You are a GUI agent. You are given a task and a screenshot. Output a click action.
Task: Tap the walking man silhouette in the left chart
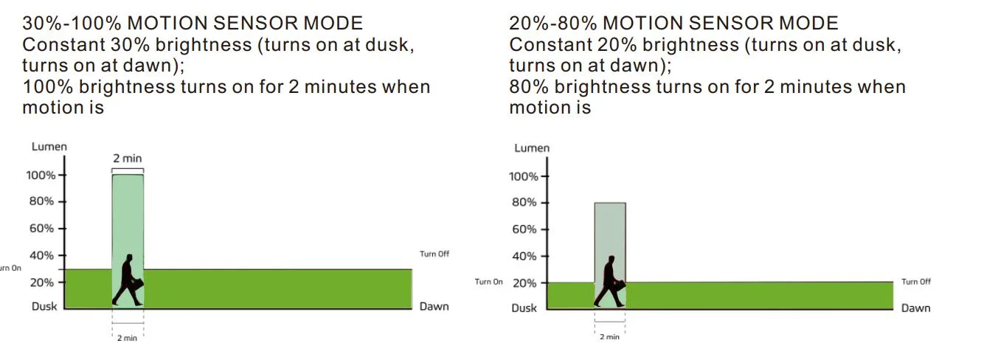128,280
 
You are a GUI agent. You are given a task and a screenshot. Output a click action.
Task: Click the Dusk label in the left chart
44,306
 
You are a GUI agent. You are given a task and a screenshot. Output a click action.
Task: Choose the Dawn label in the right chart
915,308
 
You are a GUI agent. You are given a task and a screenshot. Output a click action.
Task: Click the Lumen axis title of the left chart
49,147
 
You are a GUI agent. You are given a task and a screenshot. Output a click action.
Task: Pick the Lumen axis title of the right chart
532,148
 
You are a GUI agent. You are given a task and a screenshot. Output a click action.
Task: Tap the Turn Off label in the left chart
434,254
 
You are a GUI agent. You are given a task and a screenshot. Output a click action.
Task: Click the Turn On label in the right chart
488,282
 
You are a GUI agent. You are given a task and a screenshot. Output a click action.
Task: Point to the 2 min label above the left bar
127,158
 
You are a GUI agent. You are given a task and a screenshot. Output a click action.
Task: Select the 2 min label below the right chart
609,337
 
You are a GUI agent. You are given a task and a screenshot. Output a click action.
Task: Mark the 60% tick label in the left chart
42,228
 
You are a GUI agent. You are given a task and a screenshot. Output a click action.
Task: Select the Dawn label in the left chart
434,306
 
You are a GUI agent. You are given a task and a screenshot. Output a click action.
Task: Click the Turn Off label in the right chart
916,282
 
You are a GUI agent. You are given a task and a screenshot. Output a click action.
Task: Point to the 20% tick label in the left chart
42,282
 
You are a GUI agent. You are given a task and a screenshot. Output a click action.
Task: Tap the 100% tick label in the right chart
523,176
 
